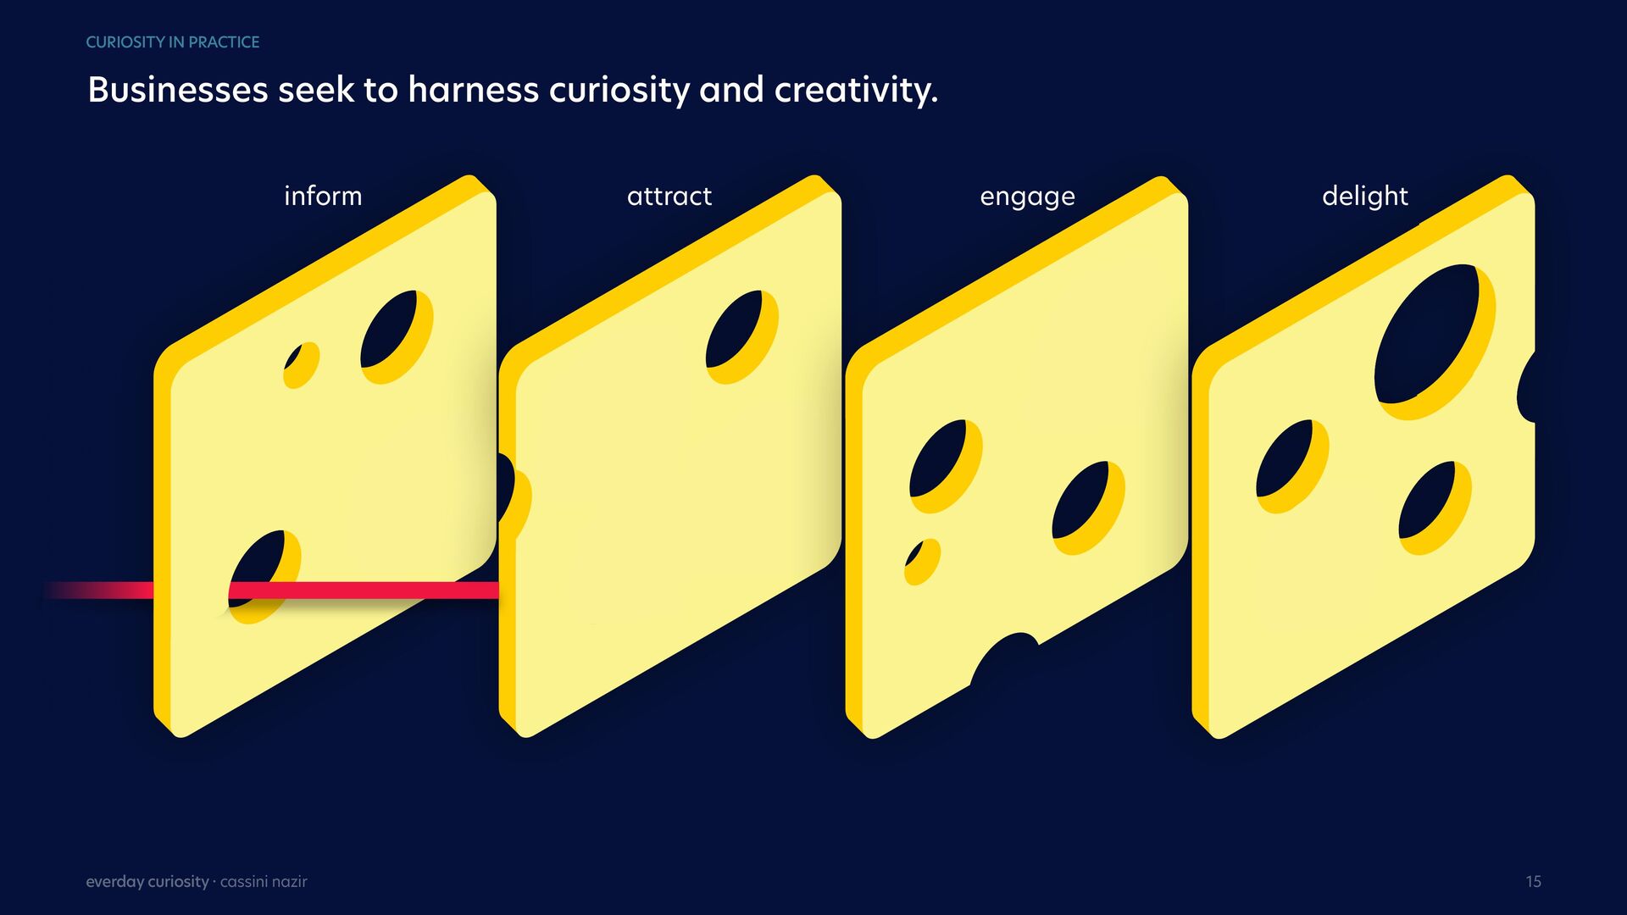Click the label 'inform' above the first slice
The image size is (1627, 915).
pyautogui.click(x=323, y=196)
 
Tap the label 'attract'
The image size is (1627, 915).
pyautogui.click(x=669, y=196)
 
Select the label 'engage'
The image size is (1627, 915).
pyautogui.click(x=1027, y=197)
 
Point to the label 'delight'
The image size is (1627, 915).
pyautogui.click(x=1364, y=196)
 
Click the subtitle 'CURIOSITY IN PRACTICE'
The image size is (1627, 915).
pyautogui.click(x=173, y=42)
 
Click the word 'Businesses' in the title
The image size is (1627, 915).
pyautogui.click(x=178, y=90)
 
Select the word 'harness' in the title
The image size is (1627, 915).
pyautogui.click(x=473, y=90)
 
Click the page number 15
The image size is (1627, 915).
pyautogui.click(x=1533, y=882)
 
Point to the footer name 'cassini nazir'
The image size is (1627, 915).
pyautogui.click(x=264, y=882)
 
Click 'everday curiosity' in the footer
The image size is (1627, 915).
pyautogui.click(x=147, y=882)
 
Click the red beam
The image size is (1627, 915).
pyautogui.click(x=271, y=590)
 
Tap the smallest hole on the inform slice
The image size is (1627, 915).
pyautogui.click(x=301, y=365)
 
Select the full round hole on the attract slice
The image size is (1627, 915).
pyautogui.click(x=741, y=337)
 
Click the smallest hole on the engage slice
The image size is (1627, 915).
pyautogui.click(x=922, y=562)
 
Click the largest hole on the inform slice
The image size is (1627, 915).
pyautogui.click(x=397, y=337)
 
